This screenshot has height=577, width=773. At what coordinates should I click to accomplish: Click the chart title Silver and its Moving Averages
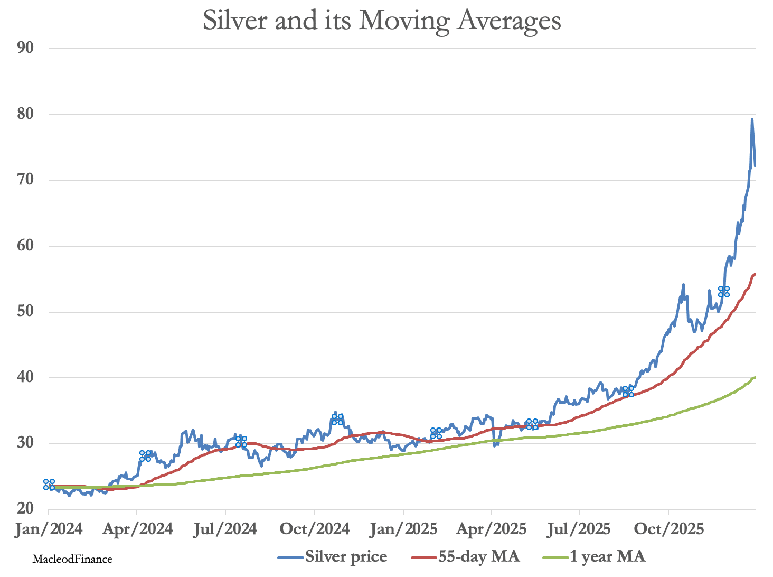(x=382, y=21)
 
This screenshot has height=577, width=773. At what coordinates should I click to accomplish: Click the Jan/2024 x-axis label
(x=49, y=529)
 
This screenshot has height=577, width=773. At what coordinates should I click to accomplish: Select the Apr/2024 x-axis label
(x=137, y=529)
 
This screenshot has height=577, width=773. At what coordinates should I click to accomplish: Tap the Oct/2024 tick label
(x=315, y=529)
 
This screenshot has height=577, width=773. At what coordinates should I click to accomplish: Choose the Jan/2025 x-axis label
(x=404, y=529)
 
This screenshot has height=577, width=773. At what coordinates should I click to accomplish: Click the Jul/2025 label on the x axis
(x=579, y=529)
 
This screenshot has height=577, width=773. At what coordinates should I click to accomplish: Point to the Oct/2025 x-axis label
(x=668, y=529)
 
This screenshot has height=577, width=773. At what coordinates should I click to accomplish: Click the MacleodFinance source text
(x=72, y=559)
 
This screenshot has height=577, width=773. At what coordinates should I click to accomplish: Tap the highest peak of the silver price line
(x=752, y=119)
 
